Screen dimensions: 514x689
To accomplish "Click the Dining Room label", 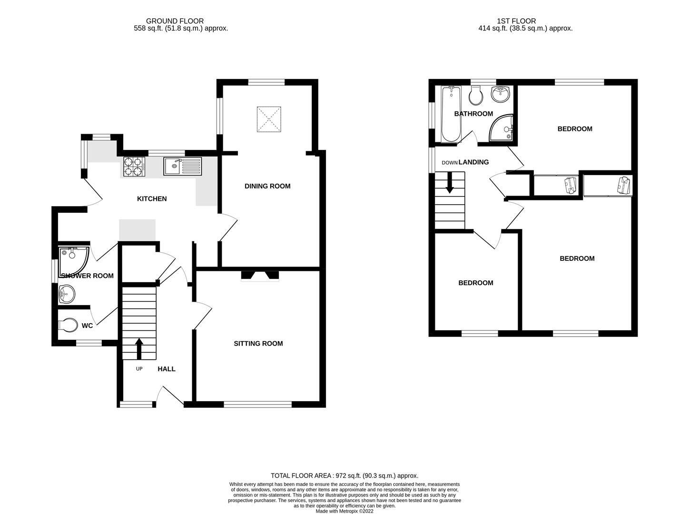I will click(267, 186).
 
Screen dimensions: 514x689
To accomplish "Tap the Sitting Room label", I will click(258, 344).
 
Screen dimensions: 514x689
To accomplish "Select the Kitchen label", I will click(152, 199).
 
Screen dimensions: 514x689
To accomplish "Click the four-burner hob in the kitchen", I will click(134, 166).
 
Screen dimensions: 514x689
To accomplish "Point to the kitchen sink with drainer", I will click(183, 166).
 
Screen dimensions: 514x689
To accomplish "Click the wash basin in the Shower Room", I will click(67, 294).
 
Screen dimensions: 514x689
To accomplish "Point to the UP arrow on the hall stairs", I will click(139, 348).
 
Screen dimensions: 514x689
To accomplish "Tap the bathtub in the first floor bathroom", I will click(451, 114).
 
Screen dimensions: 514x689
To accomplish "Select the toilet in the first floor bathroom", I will click(476, 96).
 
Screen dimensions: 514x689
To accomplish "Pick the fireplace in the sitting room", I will click(260, 276).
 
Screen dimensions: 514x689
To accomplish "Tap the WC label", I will click(87, 326).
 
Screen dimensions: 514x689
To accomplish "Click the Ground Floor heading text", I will click(175, 21).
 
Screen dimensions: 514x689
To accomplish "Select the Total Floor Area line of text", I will click(344, 475).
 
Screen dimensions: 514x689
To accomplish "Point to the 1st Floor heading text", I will click(516, 21).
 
